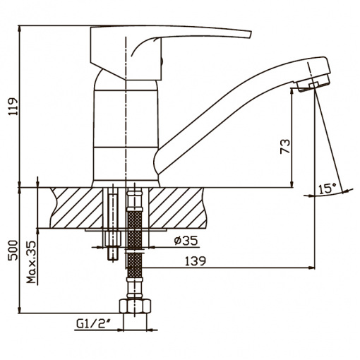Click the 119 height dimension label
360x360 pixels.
[x=13, y=107]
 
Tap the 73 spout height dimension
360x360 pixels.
[x=285, y=146]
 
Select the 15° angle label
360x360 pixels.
[x=328, y=188]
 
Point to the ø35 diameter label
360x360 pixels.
[x=186, y=241]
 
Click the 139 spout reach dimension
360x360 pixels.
[x=196, y=261]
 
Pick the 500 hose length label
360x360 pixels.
[x=13, y=251]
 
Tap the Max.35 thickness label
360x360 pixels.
[x=32, y=262]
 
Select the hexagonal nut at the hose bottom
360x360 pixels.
[x=135, y=306]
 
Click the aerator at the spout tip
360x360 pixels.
[x=313, y=83]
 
